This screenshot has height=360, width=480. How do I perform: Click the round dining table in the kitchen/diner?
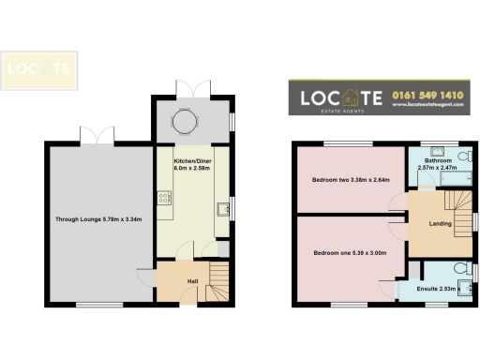[186, 122]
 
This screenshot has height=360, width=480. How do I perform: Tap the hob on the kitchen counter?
[164, 197]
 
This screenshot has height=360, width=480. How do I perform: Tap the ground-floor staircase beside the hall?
[217, 280]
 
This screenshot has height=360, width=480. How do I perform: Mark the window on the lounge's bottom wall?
[90, 307]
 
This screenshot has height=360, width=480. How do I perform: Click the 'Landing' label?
[440, 224]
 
